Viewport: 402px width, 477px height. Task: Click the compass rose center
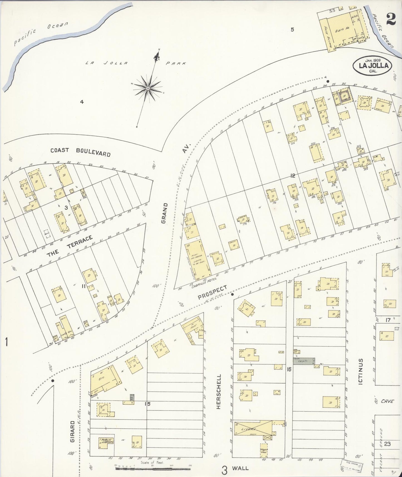coord(148,88)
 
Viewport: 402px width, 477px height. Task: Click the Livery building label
coord(248,430)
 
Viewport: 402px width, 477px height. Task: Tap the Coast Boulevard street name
coord(80,152)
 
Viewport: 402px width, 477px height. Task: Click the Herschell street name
coord(219,391)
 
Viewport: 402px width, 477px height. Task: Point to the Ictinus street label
coord(361,371)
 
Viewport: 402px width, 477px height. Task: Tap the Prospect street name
coord(212,292)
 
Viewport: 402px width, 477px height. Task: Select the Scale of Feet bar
coord(152,469)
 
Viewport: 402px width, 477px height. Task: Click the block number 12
coord(292,176)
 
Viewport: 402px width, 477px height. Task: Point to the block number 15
coord(147,404)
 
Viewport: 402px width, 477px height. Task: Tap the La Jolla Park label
coord(135,63)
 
